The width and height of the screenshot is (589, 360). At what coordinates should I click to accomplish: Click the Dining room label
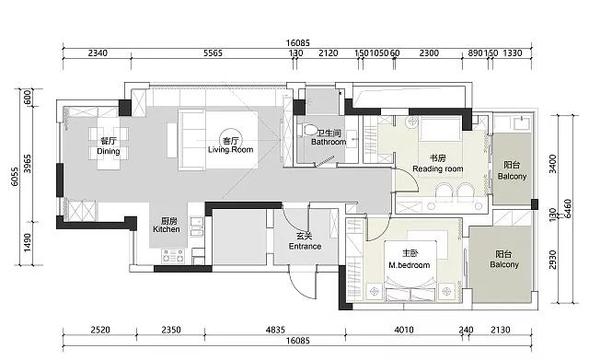pos(109,146)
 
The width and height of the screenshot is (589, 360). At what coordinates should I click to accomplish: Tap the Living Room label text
pos(231,145)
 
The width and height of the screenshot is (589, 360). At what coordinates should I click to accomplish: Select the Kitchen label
pos(167,225)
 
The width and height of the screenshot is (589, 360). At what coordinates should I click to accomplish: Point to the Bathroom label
pos(329,137)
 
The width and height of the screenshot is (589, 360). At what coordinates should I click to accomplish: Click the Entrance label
pos(305,241)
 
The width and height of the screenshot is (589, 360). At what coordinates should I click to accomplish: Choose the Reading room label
pos(438,164)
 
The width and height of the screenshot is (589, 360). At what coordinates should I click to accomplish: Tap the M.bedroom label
pos(409,260)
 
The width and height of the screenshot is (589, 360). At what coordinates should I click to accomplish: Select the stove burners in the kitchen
pos(173,256)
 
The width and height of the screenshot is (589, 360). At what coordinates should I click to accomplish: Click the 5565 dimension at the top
pos(213,53)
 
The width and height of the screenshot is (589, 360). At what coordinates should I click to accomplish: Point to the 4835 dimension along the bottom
pos(275,330)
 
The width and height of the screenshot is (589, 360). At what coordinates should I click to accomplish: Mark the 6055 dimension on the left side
pos(15,177)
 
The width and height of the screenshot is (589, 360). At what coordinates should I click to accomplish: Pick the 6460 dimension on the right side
pos(568,209)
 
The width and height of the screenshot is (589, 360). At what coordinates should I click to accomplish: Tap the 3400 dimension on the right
pos(553,164)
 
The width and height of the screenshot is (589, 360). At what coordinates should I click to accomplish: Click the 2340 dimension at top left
pos(98,53)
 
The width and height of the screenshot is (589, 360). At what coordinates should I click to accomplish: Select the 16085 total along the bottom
pos(298,341)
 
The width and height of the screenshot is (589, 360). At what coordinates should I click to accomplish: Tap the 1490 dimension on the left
pos(28,243)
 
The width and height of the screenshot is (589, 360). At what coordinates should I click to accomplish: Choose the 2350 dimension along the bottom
pos(171,330)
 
